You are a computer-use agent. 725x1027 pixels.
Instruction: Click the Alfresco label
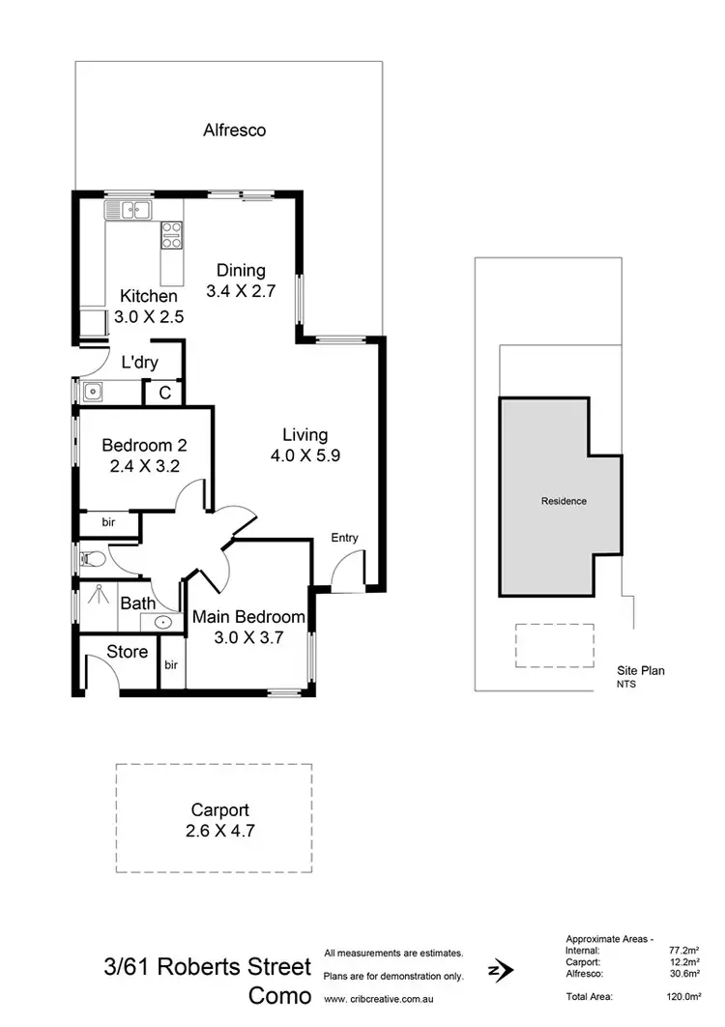pyautogui.click(x=234, y=130)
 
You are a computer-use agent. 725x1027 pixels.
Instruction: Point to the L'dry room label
pyautogui.click(x=139, y=364)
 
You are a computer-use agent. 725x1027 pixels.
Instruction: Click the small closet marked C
pyautogui.click(x=164, y=393)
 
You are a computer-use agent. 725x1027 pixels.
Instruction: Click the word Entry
pyautogui.click(x=344, y=538)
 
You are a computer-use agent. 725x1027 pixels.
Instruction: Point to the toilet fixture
pyautogui.click(x=92, y=558)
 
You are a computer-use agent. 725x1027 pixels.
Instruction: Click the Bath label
pyautogui.click(x=137, y=603)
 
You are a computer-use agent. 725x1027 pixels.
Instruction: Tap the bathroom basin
pyautogui.click(x=164, y=622)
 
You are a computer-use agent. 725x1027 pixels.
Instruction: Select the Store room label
pyautogui.click(x=127, y=651)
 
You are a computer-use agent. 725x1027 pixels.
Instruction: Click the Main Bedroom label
pyautogui.click(x=248, y=617)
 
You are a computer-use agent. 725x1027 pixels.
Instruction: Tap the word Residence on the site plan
pyautogui.click(x=564, y=501)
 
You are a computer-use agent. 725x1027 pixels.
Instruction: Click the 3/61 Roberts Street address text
pyautogui.click(x=208, y=967)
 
